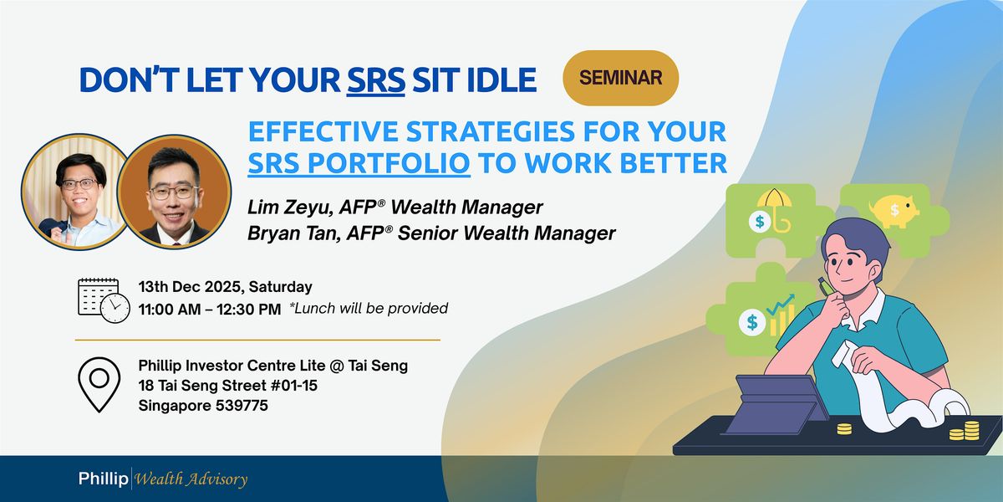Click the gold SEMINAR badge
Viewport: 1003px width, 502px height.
620,78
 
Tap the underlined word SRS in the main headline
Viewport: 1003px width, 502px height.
376,79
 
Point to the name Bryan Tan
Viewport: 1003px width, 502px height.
285,233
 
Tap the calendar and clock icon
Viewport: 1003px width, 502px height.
103,299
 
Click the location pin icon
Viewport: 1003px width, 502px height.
99,385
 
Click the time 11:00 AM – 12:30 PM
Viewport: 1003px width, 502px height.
209,309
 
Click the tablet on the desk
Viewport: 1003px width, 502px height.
774,404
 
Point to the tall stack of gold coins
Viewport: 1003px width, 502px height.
970,430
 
